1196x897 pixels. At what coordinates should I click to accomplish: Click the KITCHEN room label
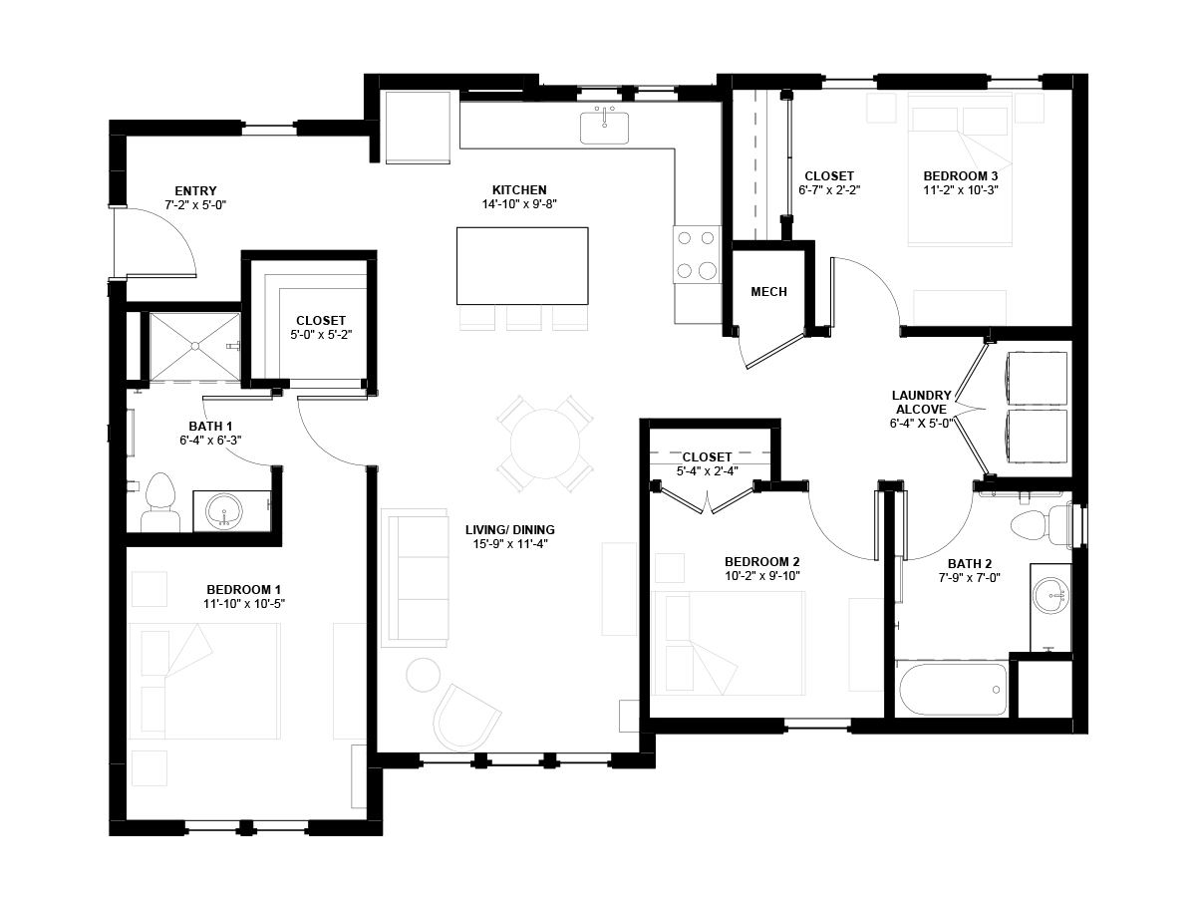519,190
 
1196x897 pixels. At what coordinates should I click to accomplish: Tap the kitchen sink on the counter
604,128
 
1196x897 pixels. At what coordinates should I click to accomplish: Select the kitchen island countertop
522,266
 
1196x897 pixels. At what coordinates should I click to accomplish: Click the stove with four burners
697,254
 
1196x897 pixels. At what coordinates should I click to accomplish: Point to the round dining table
545,445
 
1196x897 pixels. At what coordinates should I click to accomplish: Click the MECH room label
768,292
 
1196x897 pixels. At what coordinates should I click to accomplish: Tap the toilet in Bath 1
160,502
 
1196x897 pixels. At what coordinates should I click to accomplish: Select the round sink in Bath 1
224,510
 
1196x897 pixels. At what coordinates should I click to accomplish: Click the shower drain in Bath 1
194,345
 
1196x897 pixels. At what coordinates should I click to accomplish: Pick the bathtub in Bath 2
953,689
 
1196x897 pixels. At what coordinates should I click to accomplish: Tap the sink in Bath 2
1051,595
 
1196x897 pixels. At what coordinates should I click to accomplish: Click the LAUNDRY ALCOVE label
921,402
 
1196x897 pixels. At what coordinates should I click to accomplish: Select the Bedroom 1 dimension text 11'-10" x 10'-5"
244,603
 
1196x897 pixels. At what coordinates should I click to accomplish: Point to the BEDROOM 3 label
961,176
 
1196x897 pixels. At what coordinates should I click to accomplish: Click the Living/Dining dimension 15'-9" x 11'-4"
510,543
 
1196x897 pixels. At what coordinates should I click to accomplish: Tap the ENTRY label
195,190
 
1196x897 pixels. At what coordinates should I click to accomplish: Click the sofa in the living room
415,578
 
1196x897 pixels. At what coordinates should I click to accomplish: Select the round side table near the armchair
423,675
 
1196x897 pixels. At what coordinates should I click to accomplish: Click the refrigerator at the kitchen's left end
418,128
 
